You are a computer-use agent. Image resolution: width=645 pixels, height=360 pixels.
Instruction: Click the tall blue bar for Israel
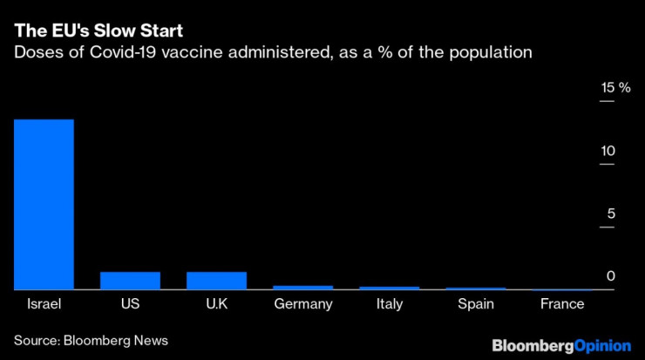click(43, 204)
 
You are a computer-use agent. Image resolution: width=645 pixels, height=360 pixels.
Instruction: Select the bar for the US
click(130, 281)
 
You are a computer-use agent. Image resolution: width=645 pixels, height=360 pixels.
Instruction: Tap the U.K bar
click(217, 281)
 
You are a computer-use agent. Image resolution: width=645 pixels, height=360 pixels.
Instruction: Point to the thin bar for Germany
click(303, 287)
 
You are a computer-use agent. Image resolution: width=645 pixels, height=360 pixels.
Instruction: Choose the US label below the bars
click(130, 304)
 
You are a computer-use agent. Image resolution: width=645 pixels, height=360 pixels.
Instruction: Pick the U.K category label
click(217, 304)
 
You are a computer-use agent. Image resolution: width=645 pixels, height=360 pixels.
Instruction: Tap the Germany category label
click(303, 304)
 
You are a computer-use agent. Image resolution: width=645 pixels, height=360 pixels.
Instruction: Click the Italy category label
click(390, 304)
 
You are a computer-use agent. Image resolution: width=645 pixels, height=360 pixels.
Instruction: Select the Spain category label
click(476, 304)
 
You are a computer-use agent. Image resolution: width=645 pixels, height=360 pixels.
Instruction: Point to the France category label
click(562, 304)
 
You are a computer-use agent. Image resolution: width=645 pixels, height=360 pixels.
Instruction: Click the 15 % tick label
click(614, 88)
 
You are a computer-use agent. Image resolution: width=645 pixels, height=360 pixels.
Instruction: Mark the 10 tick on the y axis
click(607, 151)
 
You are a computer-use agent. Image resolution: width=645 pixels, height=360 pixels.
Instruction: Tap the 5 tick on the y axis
click(611, 214)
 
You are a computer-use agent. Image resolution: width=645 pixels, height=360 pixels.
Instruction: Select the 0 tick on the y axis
click(611, 276)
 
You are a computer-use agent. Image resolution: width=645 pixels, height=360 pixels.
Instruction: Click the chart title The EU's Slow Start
click(98, 32)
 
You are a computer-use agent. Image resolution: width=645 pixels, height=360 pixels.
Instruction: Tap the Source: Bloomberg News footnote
click(91, 340)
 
